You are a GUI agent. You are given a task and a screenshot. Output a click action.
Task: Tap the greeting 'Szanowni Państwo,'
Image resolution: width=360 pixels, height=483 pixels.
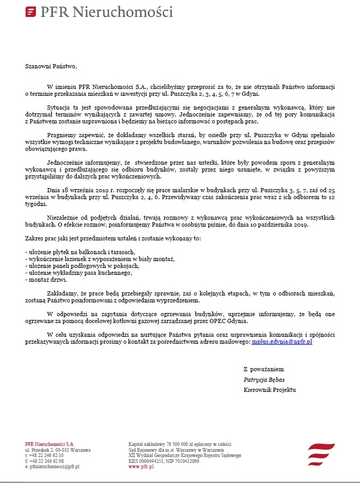pyautogui.click(x=51, y=67)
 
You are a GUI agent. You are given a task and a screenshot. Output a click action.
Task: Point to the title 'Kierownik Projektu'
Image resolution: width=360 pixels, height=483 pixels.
pyautogui.click(x=269, y=390)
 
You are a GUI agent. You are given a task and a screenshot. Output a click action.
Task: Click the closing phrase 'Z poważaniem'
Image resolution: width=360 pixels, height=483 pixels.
pyautogui.click(x=263, y=369)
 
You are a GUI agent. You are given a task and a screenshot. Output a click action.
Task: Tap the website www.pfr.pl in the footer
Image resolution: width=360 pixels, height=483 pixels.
pyautogui.click(x=141, y=467)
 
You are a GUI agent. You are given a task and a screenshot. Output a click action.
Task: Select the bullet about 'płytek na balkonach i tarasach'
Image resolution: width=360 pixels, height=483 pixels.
pyautogui.click(x=81, y=252)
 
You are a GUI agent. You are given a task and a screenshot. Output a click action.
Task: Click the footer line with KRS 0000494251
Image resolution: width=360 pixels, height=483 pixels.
pyautogui.click(x=164, y=461)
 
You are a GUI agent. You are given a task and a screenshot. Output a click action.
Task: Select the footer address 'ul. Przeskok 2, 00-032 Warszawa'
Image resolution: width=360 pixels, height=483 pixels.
pyautogui.click(x=58, y=450)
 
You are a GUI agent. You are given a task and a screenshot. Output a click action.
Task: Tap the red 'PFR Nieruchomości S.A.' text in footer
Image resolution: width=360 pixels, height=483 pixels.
pyautogui.click(x=50, y=444)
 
